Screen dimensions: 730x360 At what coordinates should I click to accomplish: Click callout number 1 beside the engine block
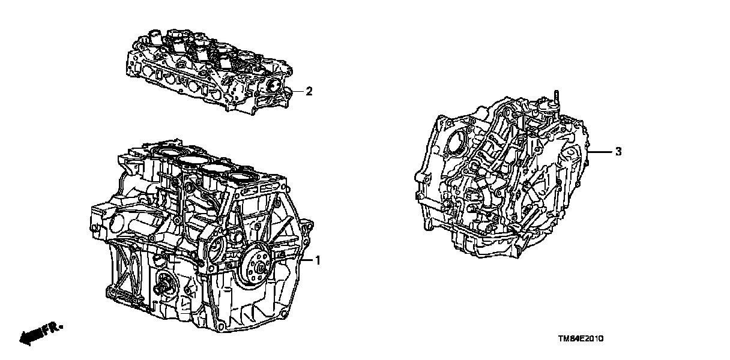point(318,260)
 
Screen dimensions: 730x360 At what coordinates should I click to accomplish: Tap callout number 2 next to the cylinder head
point(309,91)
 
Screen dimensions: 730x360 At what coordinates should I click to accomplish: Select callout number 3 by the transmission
point(618,151)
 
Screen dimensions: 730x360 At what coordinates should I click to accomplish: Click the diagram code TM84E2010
point(581,338)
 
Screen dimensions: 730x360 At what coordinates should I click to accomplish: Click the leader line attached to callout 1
point(306,260)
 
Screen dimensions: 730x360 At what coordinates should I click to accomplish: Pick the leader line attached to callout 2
point(297,92)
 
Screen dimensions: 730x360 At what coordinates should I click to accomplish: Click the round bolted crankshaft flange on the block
point(256,267)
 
